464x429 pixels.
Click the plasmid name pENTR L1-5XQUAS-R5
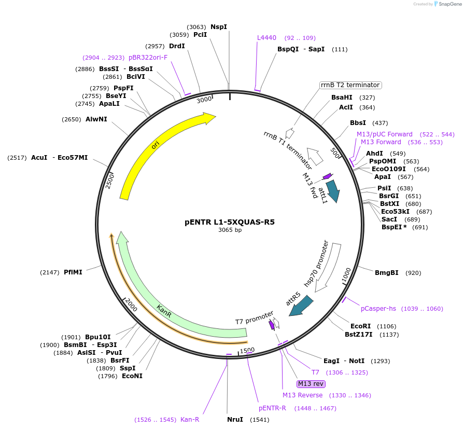click(x=230, y=222)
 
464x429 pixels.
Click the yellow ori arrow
click(x=156, y=145)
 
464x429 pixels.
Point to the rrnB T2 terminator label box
click(x=350, y=85)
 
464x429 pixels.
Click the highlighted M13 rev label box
click(x=311, y=384)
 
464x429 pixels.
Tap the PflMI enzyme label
click(x=73, y=272)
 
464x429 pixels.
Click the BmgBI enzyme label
click(x=386, y=272)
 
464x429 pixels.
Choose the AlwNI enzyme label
click(x=96, y=119)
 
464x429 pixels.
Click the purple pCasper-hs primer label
click(x=378, y=309)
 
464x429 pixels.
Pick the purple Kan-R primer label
click(x=190, y=419)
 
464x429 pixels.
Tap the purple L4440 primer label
click(x=267, y=38)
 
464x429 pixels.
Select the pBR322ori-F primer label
click(x=148, y=57)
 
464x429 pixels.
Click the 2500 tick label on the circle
click(x=110, y=179)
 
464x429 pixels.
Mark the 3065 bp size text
click(x=230, y=230)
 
